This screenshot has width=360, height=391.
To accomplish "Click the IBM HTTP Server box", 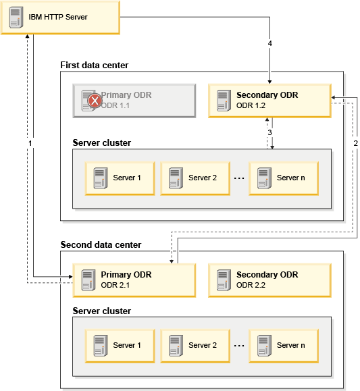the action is click(60, 17).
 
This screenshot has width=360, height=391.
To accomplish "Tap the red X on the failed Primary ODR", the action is click(95, 101).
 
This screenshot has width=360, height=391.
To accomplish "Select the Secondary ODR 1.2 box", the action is click(269, 101).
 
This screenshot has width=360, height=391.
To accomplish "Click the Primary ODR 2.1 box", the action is click(134, 280).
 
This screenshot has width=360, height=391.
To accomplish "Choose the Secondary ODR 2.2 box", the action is click(269, 280).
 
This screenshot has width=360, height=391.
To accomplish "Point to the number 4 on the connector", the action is click(270, 43).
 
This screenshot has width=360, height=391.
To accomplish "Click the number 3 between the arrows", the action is click(269, 132).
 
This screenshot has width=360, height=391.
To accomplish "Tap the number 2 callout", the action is click(355, 143).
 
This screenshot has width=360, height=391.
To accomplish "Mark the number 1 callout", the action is click(30, 143).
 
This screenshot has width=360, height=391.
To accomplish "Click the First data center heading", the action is click(95, 65).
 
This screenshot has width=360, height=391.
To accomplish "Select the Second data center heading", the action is click(101, 244).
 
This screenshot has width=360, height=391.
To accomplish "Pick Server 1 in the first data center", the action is click(120, 178).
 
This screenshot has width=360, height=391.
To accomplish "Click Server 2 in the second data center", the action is click(195, 346).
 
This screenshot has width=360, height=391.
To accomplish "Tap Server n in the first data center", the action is click(284, 178).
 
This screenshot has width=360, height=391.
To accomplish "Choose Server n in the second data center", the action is click(284, 346).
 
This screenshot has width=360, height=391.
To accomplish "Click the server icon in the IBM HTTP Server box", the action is click(16, 17).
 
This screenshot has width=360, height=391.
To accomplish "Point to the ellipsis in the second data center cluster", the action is click(239, 346).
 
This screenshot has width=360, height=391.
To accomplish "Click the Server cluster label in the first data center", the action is click(102, 143).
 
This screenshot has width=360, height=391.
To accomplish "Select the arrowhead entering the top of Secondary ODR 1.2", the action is click(269, 82).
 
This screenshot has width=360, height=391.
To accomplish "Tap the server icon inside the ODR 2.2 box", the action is click(224, 280).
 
